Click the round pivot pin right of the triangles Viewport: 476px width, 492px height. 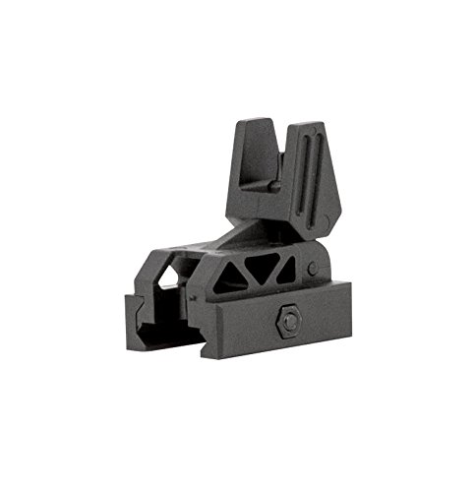click(312, 267)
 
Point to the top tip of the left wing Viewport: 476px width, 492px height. click(251, 122)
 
